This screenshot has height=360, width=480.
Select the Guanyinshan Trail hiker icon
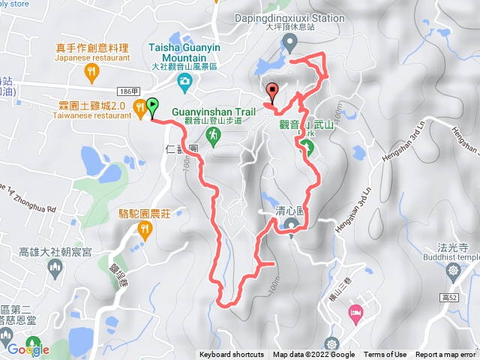tap(213, 135)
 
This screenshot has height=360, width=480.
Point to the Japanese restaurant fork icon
tap(92, 71)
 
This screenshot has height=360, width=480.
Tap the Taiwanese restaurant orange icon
tap(139, 109)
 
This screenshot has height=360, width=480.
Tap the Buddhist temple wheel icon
tap(453, 270)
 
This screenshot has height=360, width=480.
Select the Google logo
tap(28, 349)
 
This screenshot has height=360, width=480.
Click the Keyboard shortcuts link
tap(232, 355)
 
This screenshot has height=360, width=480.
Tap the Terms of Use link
tap(385, 355)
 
